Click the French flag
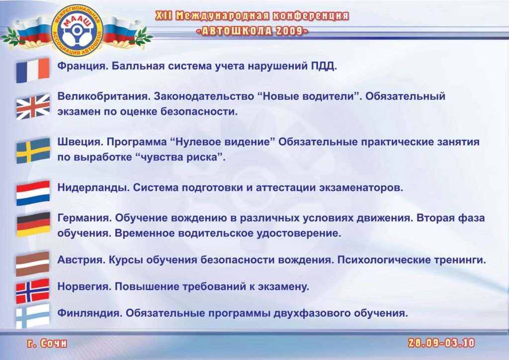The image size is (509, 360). click(x=33, y=70)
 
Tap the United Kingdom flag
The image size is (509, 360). click(x=33, y=107)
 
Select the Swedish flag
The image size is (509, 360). click(x=33, y=151)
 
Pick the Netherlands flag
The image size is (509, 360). click(x=33, y=193)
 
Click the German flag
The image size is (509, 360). click(x=33, y=224)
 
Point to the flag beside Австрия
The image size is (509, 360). click(x=32, y=264)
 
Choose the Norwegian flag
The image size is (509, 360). click(x=32, y=291)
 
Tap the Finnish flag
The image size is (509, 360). click(x=32, y=316)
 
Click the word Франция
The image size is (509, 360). click(x=82, y=66)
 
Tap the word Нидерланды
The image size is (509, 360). click(x=92, y=188)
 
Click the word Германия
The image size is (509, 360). click(x=84, y=218)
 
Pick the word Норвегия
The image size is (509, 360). click(x=84, y=286)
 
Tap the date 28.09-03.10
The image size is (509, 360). click(x=441, y=343)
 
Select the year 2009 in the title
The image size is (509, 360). click(x=289, y=31)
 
